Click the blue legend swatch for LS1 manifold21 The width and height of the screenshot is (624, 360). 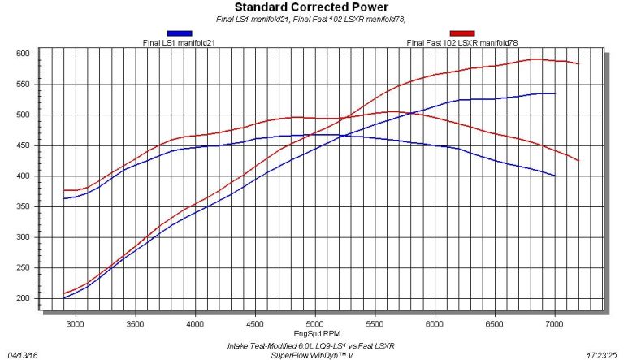180,33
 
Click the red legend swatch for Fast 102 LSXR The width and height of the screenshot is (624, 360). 462,33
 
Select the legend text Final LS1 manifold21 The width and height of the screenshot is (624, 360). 180,41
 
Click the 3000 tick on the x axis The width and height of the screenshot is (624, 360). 76,323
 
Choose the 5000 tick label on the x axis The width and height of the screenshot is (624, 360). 315,323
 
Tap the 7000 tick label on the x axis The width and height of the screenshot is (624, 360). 554,323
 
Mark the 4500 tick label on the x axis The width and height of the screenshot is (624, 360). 255,323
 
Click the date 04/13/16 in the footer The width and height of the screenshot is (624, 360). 23,354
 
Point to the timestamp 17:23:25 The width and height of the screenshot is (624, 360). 602,354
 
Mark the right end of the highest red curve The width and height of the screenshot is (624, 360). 578,63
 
